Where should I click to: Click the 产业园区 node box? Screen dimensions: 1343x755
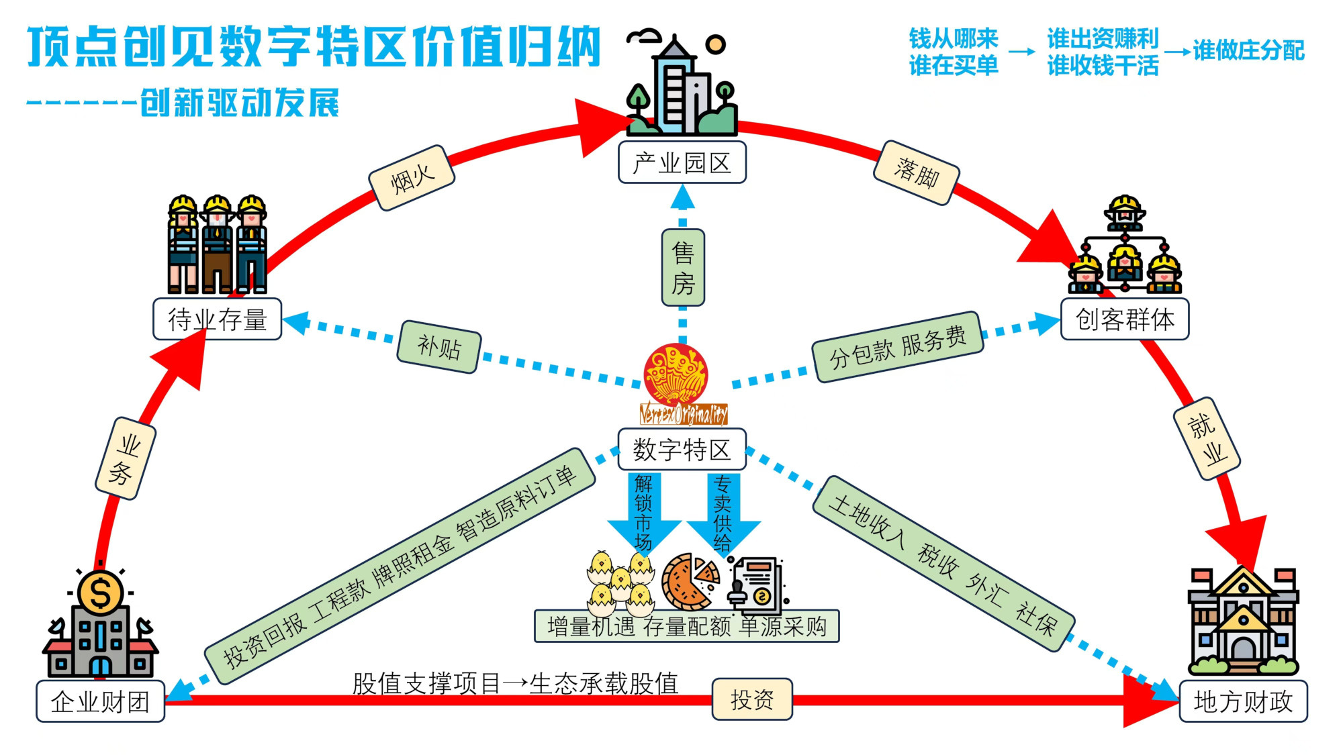pyautogui.click(x=682, y=162)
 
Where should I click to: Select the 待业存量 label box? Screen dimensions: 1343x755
pyautogui.click(x=217, y=319)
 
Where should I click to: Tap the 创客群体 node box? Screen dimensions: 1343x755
pyautogui.click(x=1125, y=319)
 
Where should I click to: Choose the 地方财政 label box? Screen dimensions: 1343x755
pyautogui.click(x=1243, y=701)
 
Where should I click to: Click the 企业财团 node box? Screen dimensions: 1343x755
pyautogui.click(x=100, y=701)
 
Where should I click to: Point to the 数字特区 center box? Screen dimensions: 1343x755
pyautogui.click(x=682, y=449)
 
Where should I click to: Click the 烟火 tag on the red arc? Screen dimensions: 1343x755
pyautogui.click(x=412, y=179)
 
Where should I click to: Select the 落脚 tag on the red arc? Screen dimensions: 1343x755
pyautogui.click(x=916, y=173)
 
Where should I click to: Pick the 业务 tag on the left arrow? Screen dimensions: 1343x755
pyautogui.click(x=126, y=458)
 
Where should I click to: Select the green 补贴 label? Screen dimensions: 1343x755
pyautogui.click(x=439, y=347)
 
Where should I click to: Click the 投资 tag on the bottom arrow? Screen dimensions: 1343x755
pyautogui.click(x=752, y=699)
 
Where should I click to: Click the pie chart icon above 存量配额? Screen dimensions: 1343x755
pyautogui.click(x=690, y=581)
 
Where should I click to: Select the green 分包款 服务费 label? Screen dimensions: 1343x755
pyautogui.click(x=898, y=347)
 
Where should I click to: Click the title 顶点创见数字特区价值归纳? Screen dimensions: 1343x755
pyautogui.click(x=314, y=47)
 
